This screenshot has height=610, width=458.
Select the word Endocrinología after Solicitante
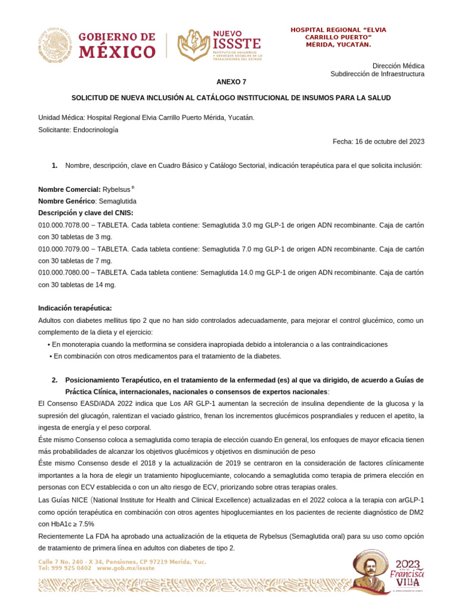point(95,130)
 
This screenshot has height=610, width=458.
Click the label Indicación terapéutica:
point(75,309)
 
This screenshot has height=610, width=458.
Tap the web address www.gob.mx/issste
point(125,568)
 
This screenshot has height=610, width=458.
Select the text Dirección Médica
point(398,65)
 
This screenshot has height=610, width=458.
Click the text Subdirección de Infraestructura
point(377,74)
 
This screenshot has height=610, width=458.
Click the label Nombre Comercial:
point(69,189)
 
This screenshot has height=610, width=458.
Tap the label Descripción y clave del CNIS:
point(86,213)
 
